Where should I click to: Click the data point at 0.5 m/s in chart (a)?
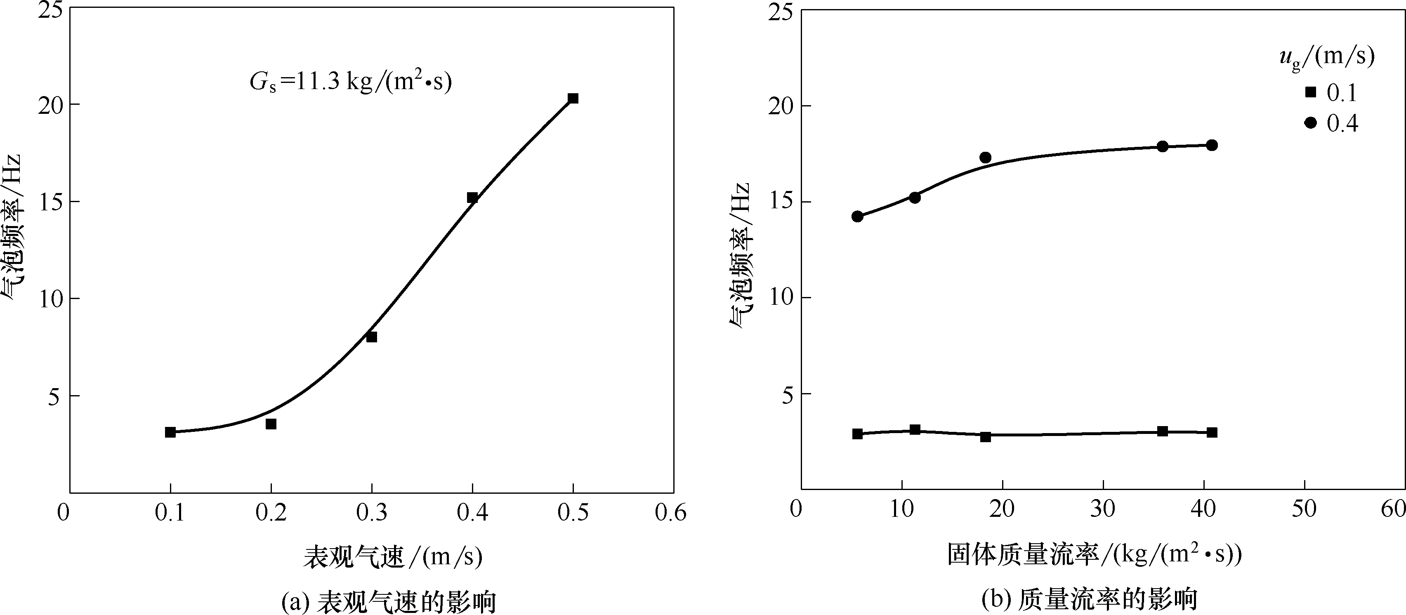click(x=573, y=98)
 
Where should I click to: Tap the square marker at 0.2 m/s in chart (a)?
click(x=271, y=424)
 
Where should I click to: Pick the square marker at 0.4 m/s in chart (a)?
click(x=472, y=198)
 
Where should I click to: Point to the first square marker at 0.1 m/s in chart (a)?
click(x=170, y=432)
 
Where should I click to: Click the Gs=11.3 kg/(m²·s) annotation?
click(x=351, y=82)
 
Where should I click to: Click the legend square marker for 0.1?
click(x=1310, y=92)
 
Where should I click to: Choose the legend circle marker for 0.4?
click(x=1310, y=123)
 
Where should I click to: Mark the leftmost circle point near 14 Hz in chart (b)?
click(x=857, y=216)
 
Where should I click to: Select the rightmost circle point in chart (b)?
click(x=1212, y=145)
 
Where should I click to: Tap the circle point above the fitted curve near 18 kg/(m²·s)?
click(x=985, y=158)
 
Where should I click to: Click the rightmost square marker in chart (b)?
click(x=1212, y=432)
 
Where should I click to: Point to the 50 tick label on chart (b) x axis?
click(x=1304, y=509)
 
